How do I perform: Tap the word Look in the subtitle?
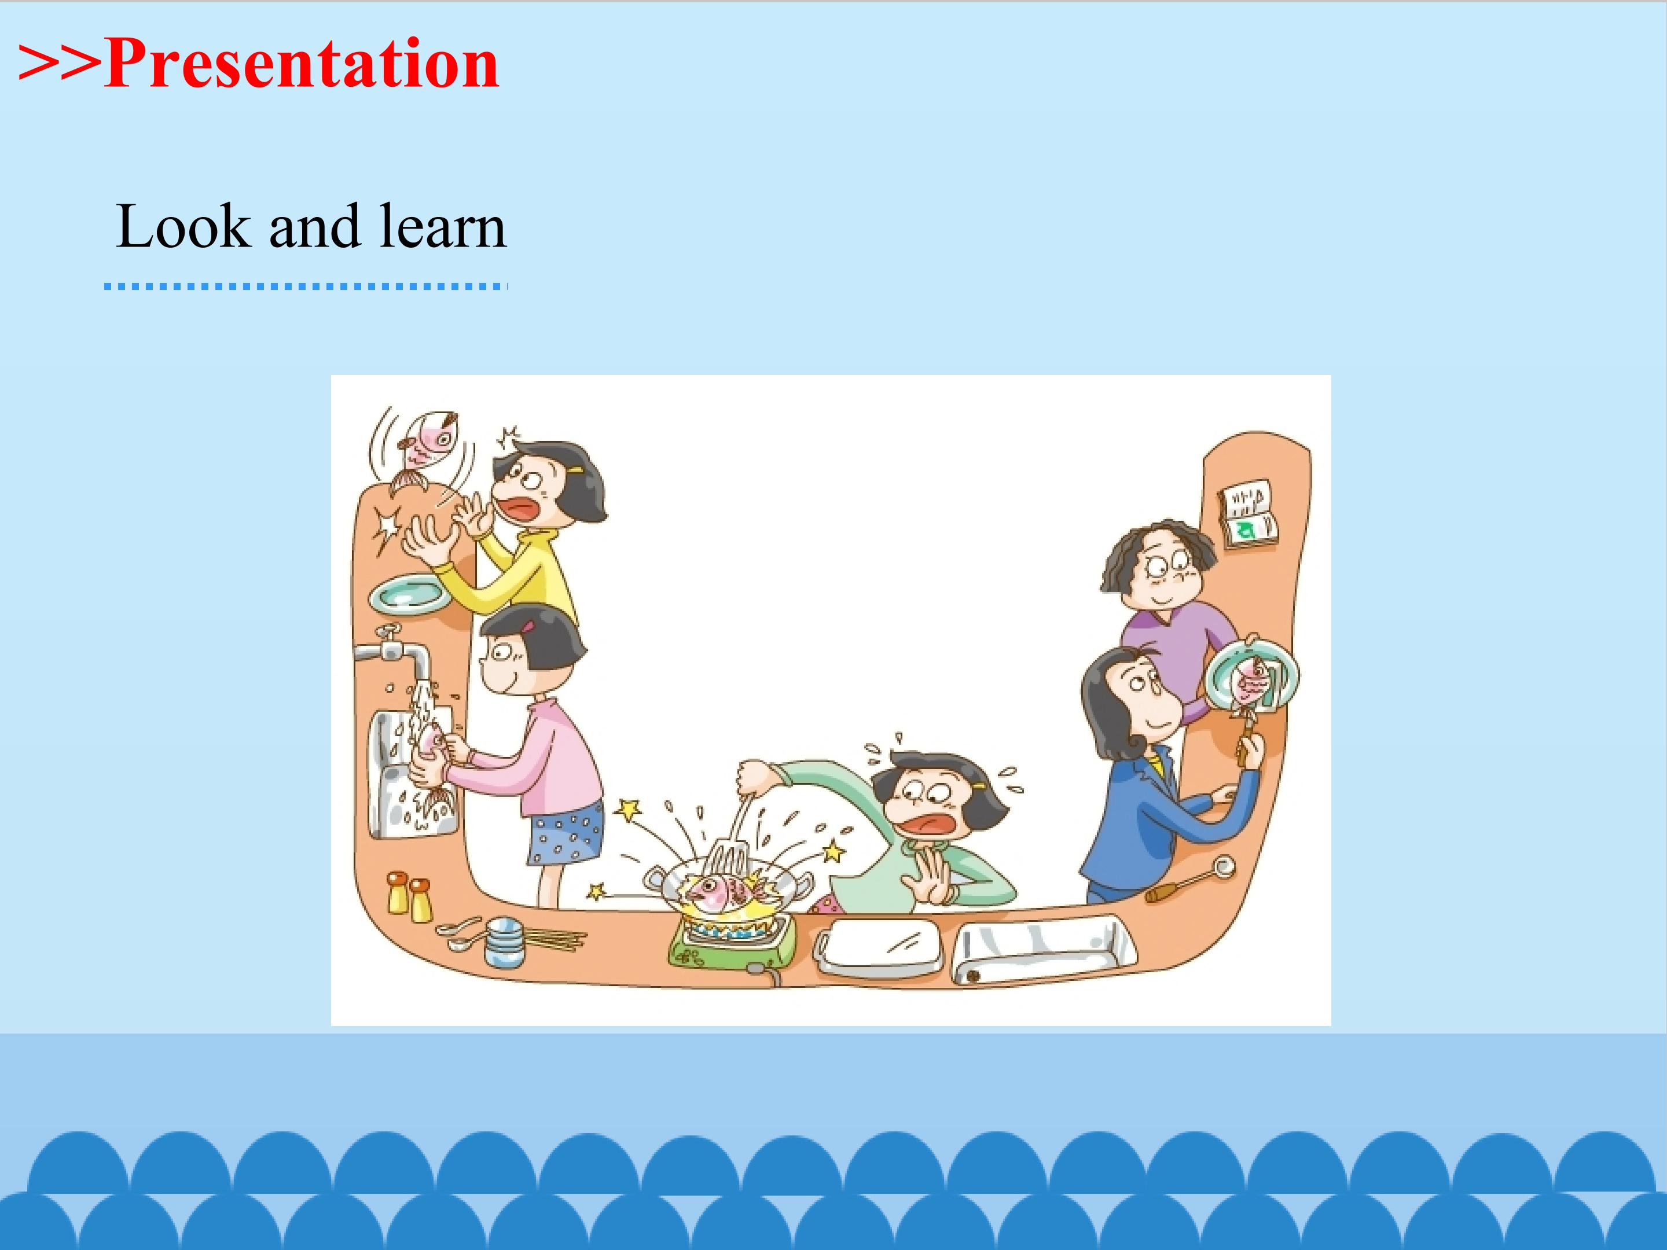click(183, 226)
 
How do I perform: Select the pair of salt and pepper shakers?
click(409, 896)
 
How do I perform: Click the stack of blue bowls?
click(504, 941)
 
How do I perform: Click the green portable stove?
click(731, 941)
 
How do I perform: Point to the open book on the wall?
click(1247, 514)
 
